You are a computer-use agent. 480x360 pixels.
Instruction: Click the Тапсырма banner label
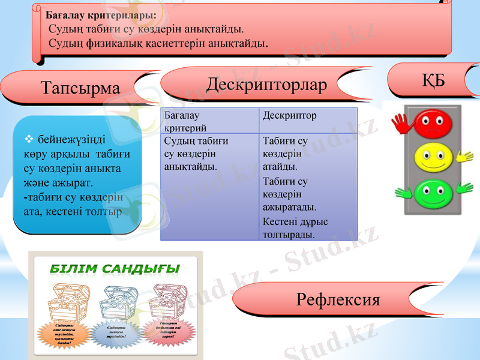80,88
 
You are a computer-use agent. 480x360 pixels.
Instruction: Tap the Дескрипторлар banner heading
266,85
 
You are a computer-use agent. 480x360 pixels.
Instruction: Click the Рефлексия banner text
338,299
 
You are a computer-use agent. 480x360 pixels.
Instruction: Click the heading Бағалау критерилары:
101,14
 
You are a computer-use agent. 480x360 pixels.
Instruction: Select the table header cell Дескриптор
290,115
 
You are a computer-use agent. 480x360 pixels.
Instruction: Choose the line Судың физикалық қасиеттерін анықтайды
158,43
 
